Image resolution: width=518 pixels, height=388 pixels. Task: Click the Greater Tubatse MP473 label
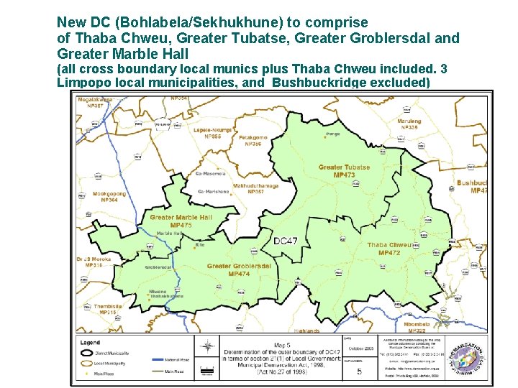pos(344,171)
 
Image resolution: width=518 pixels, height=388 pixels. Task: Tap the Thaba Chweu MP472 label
pos(388,249)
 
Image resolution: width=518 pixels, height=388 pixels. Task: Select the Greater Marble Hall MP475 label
pos(181,221)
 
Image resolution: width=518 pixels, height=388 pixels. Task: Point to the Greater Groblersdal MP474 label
pos(239,269)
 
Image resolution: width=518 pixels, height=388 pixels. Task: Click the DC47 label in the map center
pos(286,241)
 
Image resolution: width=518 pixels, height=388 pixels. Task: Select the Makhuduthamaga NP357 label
pos(255,188)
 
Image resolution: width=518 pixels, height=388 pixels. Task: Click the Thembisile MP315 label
pos(108,309)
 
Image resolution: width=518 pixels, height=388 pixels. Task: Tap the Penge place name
pos(332,134)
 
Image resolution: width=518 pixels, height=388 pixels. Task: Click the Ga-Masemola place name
pos(210,173)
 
